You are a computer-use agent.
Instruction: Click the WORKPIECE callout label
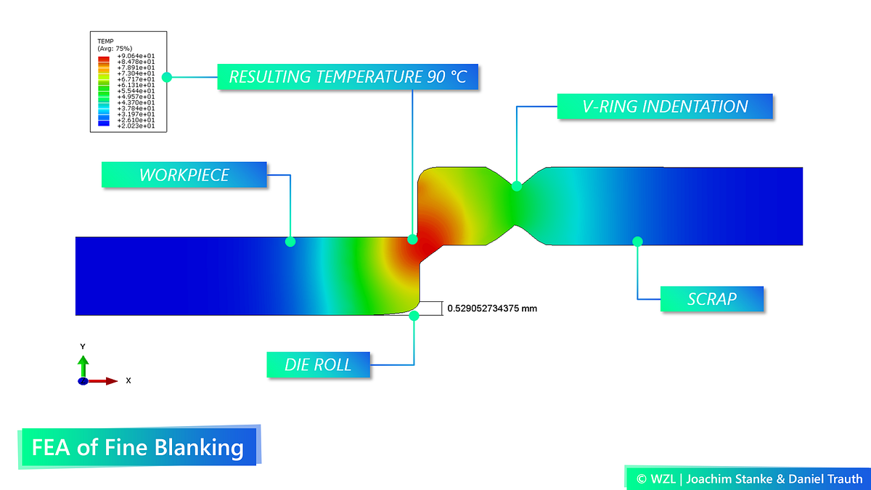point(184,175)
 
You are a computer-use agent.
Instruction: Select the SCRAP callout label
point(711,298)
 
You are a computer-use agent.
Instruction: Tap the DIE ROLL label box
point(318,364)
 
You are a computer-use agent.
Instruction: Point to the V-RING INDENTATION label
point(665,106)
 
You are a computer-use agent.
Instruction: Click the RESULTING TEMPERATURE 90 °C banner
point(348,77)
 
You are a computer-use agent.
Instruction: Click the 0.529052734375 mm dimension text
point(492,309)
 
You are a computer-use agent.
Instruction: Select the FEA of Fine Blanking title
point(139,447)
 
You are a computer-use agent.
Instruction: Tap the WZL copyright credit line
point(749,478)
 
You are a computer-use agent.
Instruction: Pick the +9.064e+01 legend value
point(136,56)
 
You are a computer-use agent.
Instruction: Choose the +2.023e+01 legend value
point(136,126)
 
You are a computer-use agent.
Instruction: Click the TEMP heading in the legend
point(105,41)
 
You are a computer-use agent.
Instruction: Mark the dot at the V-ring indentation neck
point(516,187)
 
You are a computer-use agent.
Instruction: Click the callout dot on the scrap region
point(637,242)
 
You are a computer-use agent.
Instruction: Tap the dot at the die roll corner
point(414,316)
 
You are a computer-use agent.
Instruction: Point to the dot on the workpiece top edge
point(290,242)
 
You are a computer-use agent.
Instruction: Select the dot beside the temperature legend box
point(167,77)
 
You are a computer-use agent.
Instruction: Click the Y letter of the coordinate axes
point(83,346)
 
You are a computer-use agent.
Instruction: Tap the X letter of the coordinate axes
point(128,380)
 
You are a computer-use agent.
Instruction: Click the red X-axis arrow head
point(112,381)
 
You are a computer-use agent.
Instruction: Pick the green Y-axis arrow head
point(83,360)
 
